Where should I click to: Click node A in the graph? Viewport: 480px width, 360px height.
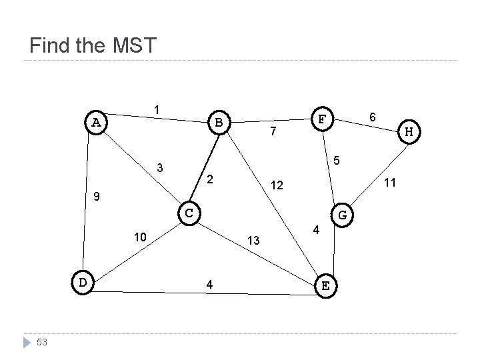(x=97, y=122)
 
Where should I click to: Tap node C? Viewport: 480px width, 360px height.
(x=189, y=212)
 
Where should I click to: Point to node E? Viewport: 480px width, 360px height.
(x=325, y=285)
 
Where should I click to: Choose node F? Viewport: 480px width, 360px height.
(x=322, y=119)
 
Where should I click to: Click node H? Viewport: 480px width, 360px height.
(x=409, y=133)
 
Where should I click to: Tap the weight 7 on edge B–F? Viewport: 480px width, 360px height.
(x=273, y=133)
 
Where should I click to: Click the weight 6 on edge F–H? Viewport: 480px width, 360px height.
(x=374, y=117)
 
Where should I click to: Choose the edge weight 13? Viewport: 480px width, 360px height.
(x=253, y=239)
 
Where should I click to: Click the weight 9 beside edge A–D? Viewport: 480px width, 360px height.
(x=97, y=197)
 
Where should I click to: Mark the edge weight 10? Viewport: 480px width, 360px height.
(x=140, y=237)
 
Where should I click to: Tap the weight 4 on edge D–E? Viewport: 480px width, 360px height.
(x=210, y=284)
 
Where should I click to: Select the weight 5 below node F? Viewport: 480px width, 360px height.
(x=337, y=160)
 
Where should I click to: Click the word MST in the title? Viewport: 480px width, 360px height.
(x=131, y=46)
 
